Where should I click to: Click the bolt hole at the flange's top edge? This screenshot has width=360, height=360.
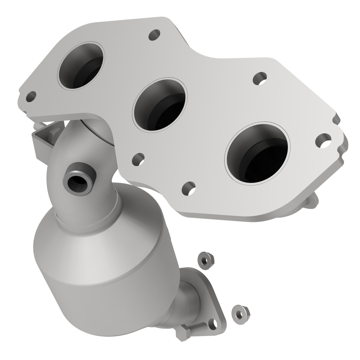click(154, 35)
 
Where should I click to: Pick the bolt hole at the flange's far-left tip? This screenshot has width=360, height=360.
click(31, 96)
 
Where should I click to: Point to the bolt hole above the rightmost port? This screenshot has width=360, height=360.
click(260, 78)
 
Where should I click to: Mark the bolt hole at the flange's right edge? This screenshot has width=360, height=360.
click(323, 140)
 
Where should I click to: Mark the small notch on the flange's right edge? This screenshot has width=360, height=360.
click(337, 119)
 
